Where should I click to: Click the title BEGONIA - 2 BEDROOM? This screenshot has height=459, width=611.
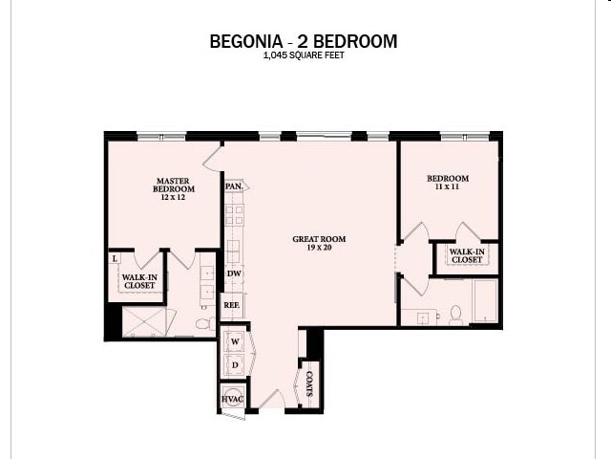[x=304, y=41]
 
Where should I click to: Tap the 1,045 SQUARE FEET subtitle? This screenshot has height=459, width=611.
[x=304, y=55]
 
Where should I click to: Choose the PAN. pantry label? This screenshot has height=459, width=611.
[x=233, y=186]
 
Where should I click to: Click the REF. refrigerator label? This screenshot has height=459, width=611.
[x=232, y=306]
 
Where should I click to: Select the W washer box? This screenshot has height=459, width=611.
[x=234, y=342]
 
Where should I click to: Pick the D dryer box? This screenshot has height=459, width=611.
[x=234, y=365]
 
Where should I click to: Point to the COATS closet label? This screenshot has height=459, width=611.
[x=310, y=385]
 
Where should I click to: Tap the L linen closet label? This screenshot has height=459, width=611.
[x=115, y=258]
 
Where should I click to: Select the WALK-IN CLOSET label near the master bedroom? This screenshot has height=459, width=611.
[x=137, y=281]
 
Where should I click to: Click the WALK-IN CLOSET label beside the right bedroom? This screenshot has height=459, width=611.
[x=466, y=255]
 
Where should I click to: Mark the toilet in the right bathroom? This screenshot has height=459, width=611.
[x=455, y=314]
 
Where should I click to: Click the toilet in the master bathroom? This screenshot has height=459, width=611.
[x=204, y=324]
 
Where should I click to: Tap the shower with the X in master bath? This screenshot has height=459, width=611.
[x=144, y=321]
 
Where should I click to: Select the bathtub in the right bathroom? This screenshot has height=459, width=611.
[x=483, y=302]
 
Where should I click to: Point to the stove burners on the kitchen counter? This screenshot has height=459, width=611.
[x=234, y=215]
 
